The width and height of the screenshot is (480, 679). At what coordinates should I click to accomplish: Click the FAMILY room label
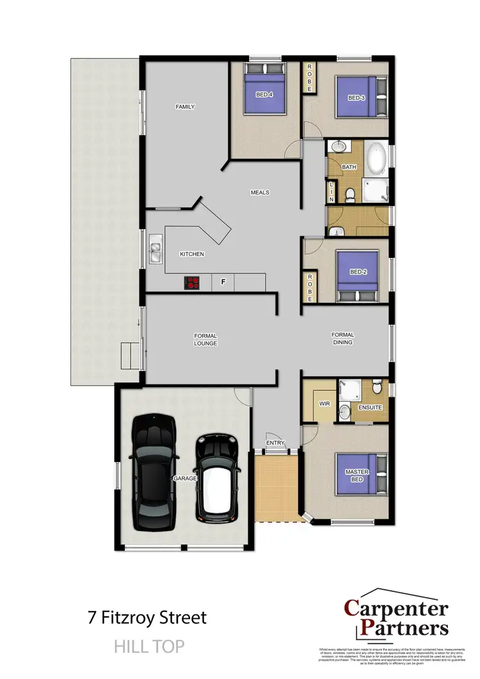[x=185, y=107]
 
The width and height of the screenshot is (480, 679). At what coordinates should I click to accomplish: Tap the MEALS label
[x=260, y=192]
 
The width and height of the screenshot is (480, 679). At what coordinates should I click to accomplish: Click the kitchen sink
[x=155, y=249]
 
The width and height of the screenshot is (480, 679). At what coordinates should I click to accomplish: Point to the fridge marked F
[x=223, y=282]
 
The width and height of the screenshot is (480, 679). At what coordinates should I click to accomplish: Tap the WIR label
[x=324, y=404]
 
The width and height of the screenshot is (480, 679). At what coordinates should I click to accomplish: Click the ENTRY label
[x=276, y=443]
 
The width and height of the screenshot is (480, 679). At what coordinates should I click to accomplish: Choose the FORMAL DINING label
[x=342, y=339]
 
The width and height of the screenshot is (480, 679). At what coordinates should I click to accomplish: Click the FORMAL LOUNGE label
[x=205, y=339]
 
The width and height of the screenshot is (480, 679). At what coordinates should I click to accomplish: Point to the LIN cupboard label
[x=332, y=190]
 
